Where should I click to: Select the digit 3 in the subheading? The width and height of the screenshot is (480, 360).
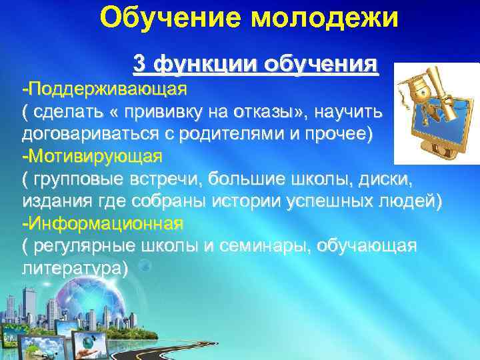[139, 64]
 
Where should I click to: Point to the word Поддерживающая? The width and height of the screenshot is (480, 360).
[107, 88]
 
